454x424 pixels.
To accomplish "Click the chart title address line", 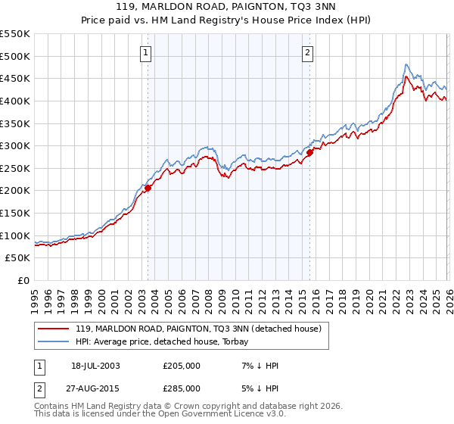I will pos(227,6).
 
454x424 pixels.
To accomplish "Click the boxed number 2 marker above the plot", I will pos(308,52).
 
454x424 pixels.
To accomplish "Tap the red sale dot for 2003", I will pos(148,189).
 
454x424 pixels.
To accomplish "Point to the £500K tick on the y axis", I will pos(15,56).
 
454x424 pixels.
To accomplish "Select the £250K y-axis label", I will pos(15,168).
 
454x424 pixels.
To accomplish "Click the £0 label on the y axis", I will pos(22,280).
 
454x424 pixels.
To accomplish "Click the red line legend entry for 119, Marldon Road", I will pos(199,329).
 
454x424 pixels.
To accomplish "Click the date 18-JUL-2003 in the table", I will pos(95,366).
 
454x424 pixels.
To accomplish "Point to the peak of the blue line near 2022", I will pos(406,64).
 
